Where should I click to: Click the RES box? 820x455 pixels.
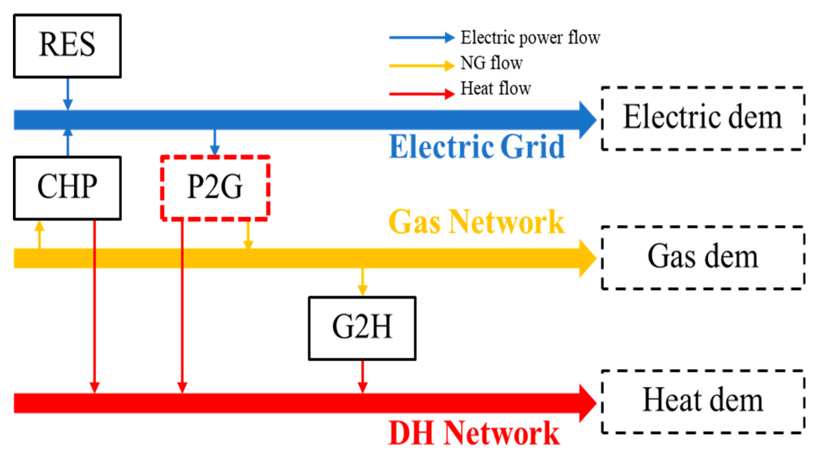tap(67, 45)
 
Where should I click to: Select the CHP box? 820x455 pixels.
tap(67, 188)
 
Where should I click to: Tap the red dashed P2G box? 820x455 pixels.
tap(215, 188)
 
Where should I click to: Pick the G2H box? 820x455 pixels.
tap(362, 328)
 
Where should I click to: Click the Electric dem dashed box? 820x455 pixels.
tap(703, 118)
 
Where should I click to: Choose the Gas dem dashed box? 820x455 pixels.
tap(703, 257)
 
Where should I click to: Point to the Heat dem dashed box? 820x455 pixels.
tap(703, 401)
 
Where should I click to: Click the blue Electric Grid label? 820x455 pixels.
tap(477, 147)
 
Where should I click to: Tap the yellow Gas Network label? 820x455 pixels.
tap(477, 222)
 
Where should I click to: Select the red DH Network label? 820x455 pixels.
tap(474, 433)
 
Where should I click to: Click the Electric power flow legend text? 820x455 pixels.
tap(530, 38)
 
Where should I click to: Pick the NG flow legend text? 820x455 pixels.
tap(491, 63)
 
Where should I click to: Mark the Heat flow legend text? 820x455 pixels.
tap(495, 89)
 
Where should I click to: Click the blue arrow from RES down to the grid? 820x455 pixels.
tap(67, 93)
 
